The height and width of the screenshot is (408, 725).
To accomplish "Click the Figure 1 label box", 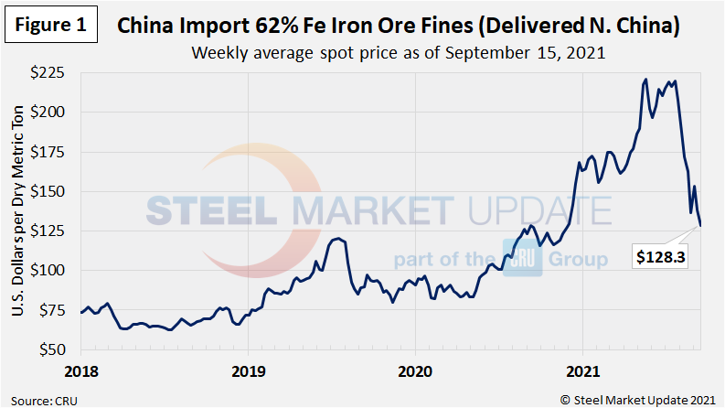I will point(51,25).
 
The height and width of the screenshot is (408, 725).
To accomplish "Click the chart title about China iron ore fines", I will point(398,27).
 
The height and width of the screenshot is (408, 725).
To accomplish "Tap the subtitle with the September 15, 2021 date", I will point(398,52).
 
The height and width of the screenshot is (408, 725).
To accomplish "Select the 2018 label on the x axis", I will point(81,371).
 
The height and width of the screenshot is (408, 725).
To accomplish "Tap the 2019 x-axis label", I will point(249,371).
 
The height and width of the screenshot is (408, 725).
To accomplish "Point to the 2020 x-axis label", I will point(415,371).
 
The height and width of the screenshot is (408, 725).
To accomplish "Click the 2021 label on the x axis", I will point(582,371).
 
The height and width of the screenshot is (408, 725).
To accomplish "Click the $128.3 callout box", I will point(663,259).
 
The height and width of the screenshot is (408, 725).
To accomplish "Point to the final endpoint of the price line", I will point(701,225).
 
